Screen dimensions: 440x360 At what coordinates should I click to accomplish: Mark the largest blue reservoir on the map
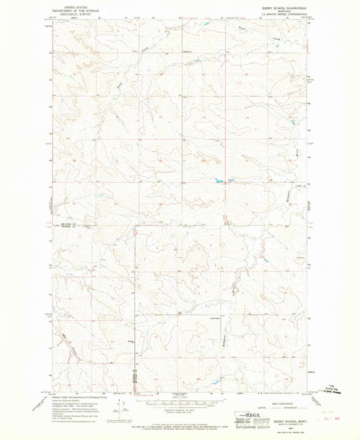pyautogui.click(x=220, y=180)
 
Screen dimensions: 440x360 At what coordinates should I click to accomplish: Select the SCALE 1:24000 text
pyautogui.click(x=180, y=397)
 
